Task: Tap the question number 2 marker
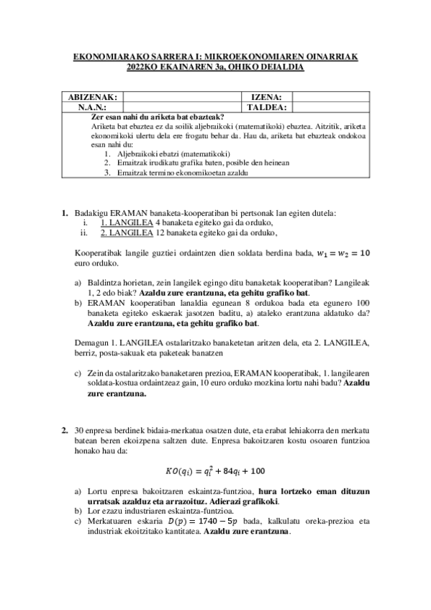pyautogui.click(x=65, y=429)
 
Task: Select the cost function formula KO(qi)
pyautogui.click(x=215, y=471)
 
